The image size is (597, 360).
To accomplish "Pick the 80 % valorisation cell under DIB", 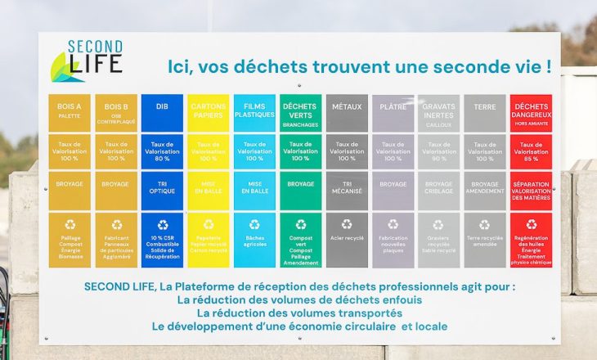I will (x=162, y=151).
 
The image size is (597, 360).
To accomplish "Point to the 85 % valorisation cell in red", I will (x=531, y=151).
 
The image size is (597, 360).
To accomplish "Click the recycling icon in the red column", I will (x=531, y=224).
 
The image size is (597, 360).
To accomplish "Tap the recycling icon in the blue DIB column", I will (x=162, y=224).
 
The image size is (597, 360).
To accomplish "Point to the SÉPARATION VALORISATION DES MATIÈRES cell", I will (x=531, y=191).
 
